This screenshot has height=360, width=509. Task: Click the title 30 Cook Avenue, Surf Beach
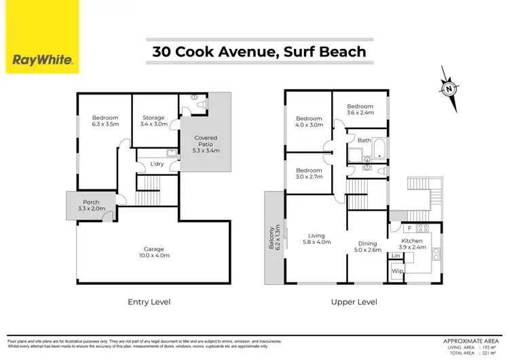[x=259, y=52]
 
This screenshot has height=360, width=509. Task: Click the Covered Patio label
[x=206, y=144]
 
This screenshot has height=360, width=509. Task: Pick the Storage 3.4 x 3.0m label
[x=153, y=122]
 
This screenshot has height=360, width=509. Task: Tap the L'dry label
[x=157, y=164]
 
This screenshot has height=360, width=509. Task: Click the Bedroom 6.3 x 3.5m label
[x=105, y=122]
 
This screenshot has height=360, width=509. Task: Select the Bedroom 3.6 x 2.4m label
[x=360, y=110]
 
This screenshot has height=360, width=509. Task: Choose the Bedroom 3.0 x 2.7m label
[x=309, y=173]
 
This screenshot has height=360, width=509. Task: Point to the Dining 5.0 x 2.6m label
[x=367, y=247]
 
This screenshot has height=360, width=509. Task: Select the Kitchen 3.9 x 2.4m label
[x=412, y=244]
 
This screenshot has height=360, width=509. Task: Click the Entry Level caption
[x=149, y=302]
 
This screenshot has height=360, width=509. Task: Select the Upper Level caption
[x=354, y=302]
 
